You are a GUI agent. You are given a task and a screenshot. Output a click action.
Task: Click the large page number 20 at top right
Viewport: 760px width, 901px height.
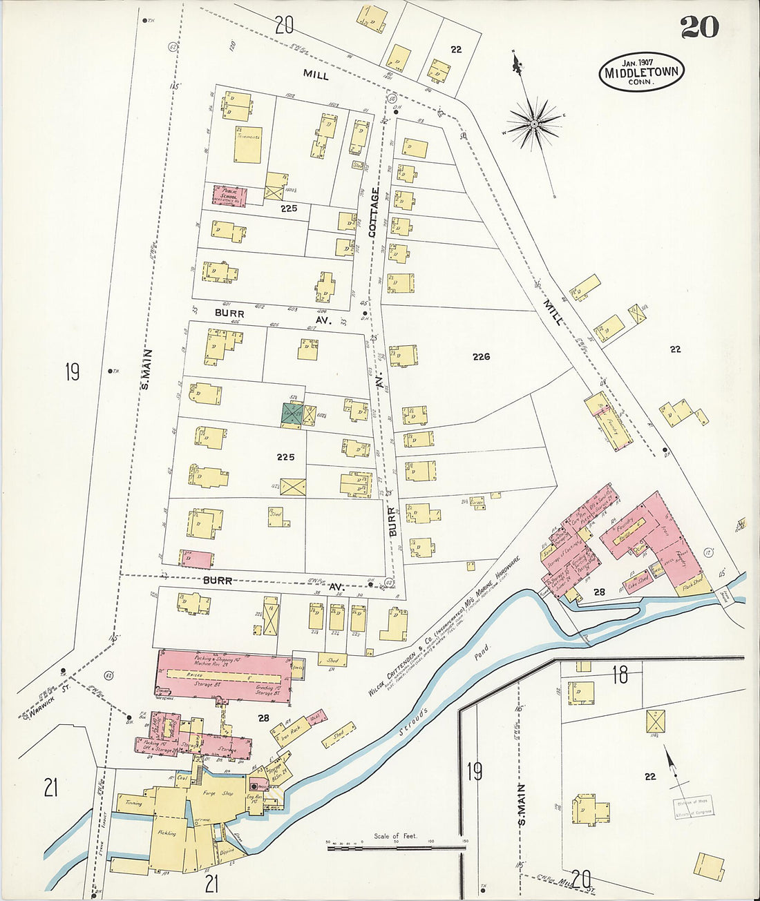(699, 27)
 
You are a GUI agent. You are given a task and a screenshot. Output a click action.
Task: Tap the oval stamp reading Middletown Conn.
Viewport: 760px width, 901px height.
(641, 72)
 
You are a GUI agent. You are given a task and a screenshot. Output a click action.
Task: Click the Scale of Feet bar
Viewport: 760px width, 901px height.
(396, 846)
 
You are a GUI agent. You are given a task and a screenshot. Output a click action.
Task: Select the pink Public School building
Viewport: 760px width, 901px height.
(229, 195)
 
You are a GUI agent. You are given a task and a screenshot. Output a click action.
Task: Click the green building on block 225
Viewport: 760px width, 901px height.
(292, 414)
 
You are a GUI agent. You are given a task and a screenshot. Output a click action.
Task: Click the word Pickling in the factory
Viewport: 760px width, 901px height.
(167, 833)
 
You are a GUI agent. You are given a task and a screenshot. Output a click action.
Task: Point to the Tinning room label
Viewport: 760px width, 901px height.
(133, 803)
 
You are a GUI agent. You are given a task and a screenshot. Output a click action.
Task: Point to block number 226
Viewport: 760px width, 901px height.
(481, 356)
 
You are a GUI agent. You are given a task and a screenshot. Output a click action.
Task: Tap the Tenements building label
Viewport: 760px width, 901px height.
(247, 137)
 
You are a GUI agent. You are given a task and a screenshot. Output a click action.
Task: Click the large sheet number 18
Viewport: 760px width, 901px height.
(620, 675)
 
